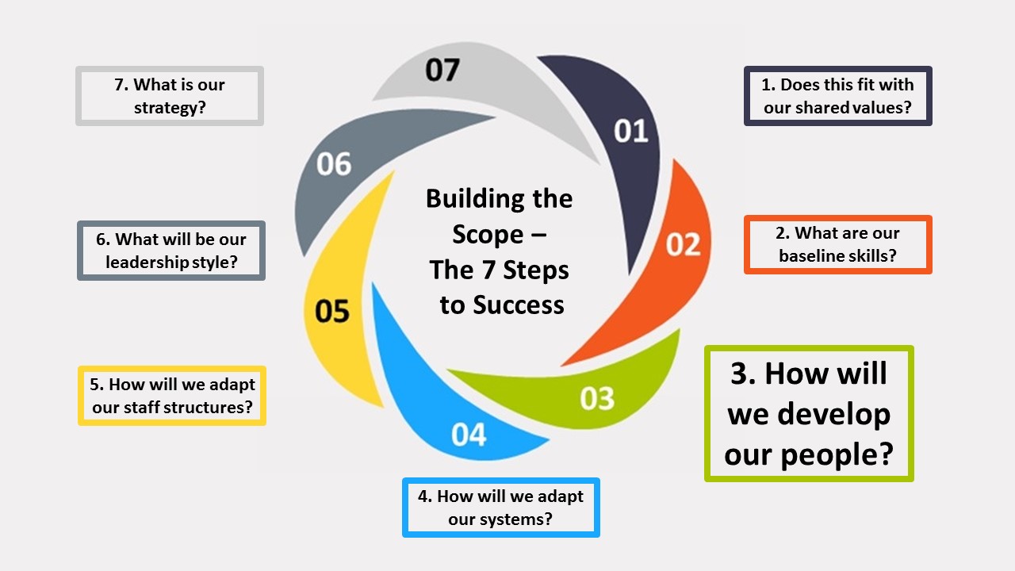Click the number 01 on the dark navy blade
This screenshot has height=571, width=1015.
(x=631, y=131)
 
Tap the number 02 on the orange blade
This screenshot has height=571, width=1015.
(x=683, y=244)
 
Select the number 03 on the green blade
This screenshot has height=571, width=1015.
(x=597, y=398)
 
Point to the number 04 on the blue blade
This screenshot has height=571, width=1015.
(x=469, y=435)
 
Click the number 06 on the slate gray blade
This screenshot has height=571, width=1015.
(x=333, y=164)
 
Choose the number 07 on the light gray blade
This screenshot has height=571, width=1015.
(x=442, y=70)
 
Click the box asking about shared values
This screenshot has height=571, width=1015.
(x=838, y=96)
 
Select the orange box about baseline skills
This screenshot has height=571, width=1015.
(x=838, y=244)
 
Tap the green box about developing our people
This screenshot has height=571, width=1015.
(x=809, y=413)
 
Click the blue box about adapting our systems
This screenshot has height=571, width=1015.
(x=500, y=508)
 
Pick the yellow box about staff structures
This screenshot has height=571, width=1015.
(x=172, y=396)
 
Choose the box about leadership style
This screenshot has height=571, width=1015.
(x=171, y=251)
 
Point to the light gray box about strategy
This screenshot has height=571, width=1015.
(x=170, y=96)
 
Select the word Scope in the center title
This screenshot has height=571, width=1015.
(x=488, y=234)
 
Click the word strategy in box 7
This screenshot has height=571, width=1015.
(x=170, y=107)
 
